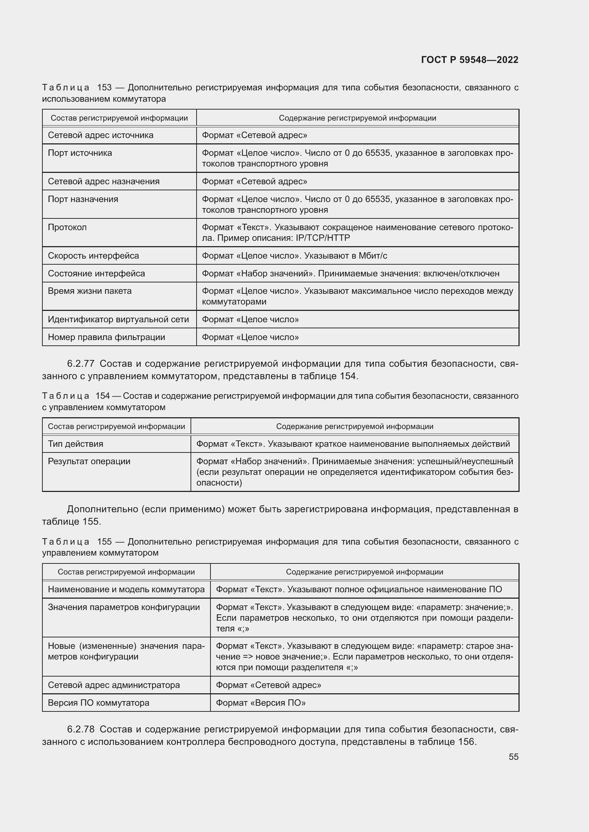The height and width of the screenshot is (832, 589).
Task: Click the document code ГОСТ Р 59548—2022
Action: (x=470, y=60)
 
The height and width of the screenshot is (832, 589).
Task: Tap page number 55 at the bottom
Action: (x=513, y=757)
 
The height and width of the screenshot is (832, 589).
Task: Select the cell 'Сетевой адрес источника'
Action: (x=100, y=135)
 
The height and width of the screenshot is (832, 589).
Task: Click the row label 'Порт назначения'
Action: (x=83, y=199)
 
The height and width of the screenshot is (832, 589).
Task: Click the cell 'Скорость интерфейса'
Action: (x=93, y=256)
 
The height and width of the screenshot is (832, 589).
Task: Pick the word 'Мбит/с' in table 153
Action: (x=373, y=256)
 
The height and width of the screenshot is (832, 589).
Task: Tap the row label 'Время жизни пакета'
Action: (x=90, y=291)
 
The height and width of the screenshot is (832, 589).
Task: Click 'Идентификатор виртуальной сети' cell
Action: (x=118, y=319)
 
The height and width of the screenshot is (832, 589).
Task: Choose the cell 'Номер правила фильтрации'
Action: (x=106, y=337)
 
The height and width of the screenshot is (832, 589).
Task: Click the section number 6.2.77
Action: (x=80, y=364)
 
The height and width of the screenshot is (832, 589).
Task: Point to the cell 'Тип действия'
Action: (x=75, y=444)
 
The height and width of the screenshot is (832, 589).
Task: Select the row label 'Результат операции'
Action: (x=89, y=461)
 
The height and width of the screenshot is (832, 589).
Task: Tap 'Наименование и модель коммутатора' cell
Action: (x=126, y=589)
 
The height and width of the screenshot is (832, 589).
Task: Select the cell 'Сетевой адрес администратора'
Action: (x=114, y=685)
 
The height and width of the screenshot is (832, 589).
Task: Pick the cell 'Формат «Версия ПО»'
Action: (x=260, y=703)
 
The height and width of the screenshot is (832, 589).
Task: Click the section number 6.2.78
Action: (x=80, y=730)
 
